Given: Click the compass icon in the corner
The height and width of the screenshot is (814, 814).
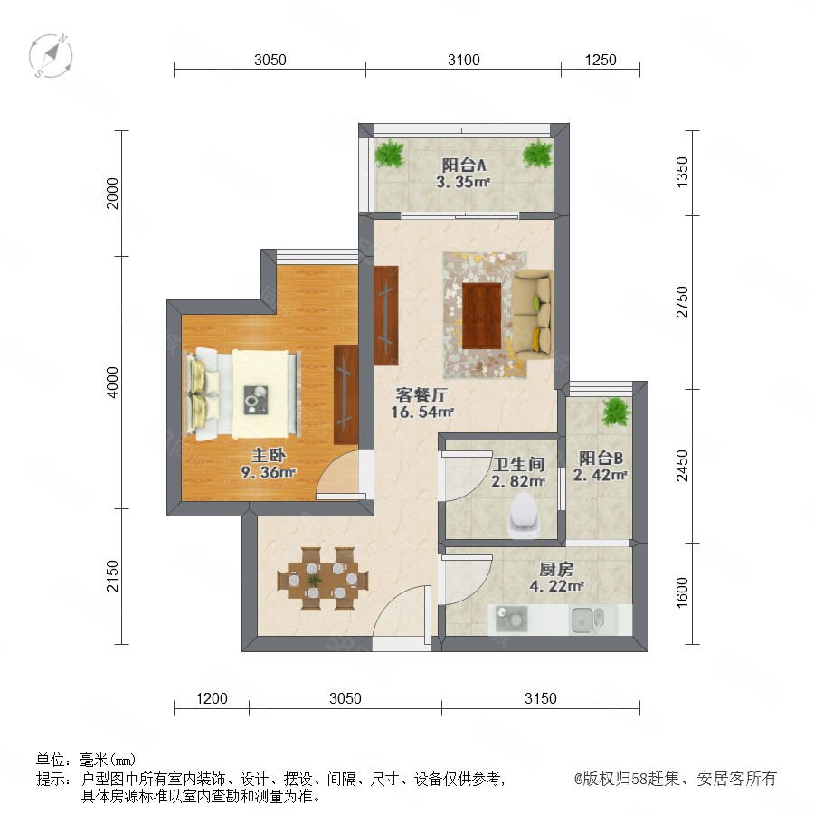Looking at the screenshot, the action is click(x=51, y=56).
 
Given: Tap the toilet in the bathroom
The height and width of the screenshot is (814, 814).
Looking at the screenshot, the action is click(x=524, y=515).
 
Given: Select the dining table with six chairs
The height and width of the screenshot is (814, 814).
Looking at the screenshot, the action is click(x=323, y=578).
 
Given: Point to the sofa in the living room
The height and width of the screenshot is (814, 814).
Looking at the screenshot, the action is click(x=533, y=313).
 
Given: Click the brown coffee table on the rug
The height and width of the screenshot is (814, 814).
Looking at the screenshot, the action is click(x=482, y=316).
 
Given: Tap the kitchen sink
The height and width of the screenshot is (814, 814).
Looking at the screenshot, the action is click(x=588, y=620).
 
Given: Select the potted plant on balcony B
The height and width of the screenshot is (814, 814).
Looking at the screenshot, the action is click(x=616, y=412).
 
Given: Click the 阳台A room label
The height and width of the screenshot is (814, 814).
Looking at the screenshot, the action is click(x=464, y=166).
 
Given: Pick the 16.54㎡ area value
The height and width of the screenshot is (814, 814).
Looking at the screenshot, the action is click(x=422, y=412).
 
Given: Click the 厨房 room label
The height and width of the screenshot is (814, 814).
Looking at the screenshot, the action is click(x=556, y=570).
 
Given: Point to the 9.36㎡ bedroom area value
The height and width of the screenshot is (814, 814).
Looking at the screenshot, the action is click(x=268, y=472).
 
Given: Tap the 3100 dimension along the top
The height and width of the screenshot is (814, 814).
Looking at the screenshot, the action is click(x=464, y=60).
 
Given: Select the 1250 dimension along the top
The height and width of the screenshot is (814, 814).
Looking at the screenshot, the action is click(x=601, y=60).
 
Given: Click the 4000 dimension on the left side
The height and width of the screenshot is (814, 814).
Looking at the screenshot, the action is click(x=113, y=382).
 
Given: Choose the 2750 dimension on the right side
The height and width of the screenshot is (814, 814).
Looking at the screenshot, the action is click(x=682, y=301).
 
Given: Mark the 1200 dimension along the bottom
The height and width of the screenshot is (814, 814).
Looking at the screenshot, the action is click(x=212, y=698).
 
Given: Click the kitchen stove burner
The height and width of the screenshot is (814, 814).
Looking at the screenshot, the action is click(x=511, y=619).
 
